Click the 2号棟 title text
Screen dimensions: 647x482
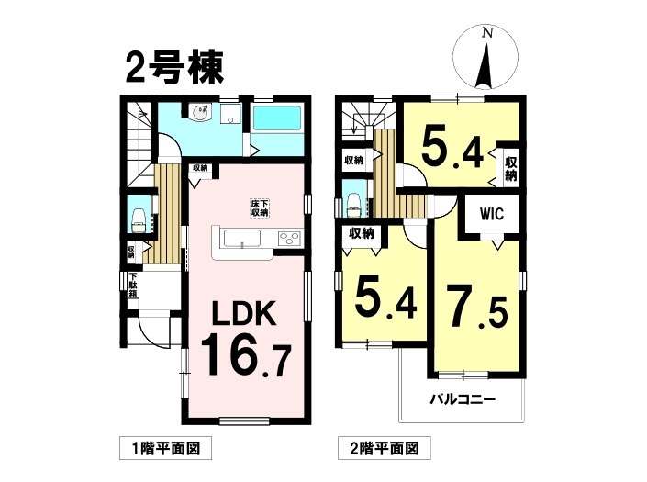[x=174, y=68]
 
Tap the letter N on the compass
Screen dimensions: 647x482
[x=487, y=33]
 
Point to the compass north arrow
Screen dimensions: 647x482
[x=485, y=65]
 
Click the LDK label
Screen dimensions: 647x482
[x=243, y=314]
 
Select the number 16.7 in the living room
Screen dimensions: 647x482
[x=246, y=355]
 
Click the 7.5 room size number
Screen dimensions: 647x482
[x=478, y=306]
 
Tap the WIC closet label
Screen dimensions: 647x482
[x=491, y=214]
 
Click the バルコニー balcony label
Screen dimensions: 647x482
[x=463, y=399]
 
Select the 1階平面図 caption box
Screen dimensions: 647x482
[x=165, y=448]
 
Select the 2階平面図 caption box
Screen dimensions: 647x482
[x=385, y=448]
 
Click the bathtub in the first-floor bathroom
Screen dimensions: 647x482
[x=276, y=118]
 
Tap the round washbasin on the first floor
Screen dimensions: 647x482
[x=200, y=112]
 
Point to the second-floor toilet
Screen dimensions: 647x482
[x=354, y=205]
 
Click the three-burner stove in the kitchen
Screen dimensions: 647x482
[x=289, y=239]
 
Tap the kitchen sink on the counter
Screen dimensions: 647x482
[x=242, y=239]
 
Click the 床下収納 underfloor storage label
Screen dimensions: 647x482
[x=260, y=208]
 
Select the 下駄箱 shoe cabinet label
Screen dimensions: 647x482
[x=133, y=286]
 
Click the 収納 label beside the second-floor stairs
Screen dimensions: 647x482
[x=353, y=160]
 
